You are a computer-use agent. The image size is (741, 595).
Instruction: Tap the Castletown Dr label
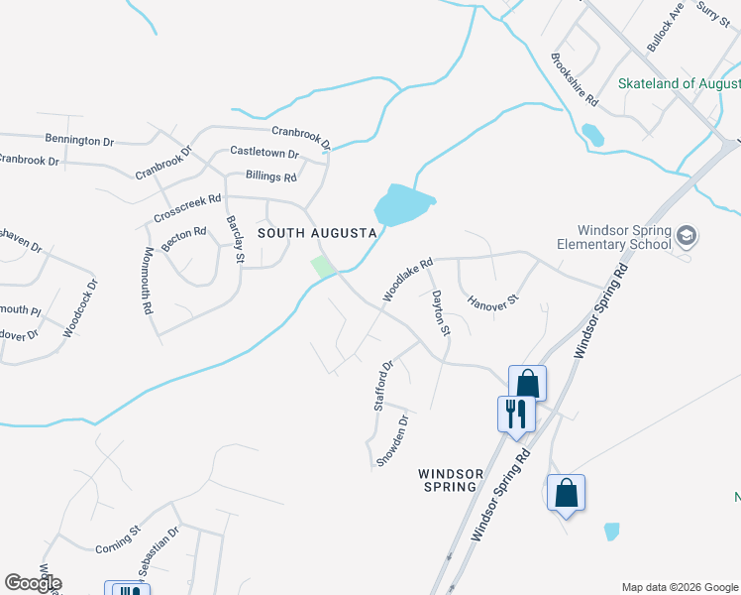(265, 153)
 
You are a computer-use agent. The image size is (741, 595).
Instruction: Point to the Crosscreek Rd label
(187, 208)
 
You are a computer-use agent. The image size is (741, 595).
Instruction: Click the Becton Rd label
(185, 238)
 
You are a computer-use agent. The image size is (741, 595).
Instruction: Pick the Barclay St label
(235, 239)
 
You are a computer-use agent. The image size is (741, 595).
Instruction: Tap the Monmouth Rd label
(147, 281)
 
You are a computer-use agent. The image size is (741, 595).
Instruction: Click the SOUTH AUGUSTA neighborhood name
(317, 233)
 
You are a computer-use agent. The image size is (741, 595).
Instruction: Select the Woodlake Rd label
(408, 281)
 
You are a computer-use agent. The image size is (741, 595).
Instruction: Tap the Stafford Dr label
(384, 385)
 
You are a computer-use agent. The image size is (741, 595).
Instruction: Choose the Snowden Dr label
(391, 440)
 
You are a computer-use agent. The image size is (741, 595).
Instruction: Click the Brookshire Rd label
(575, 80)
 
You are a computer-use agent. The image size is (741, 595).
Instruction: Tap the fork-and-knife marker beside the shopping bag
(515, 413)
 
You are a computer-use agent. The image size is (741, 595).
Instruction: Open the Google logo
(34, 583)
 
